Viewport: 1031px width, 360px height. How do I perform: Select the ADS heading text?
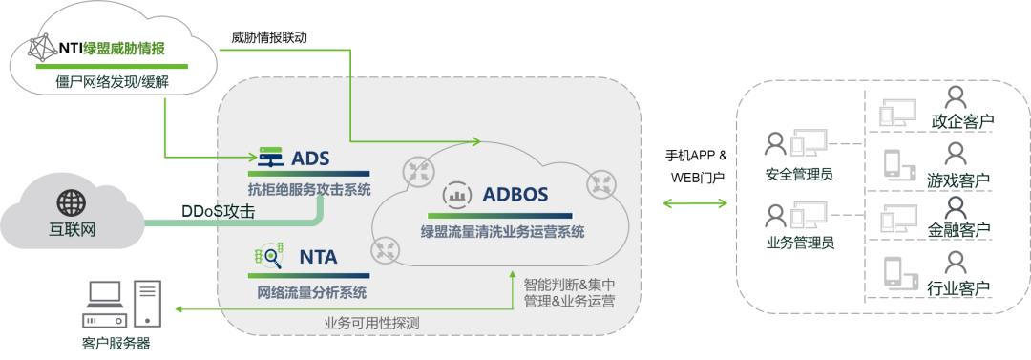pyautogui.click(x=310, y=158)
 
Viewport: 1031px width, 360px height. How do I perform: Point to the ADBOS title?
pyautogui.click(x=515, y=195)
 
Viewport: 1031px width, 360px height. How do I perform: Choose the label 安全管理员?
pyautogui.click(x=800, y=175)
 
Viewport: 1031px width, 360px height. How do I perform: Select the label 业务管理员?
pyautogui.click(x=800, y=243)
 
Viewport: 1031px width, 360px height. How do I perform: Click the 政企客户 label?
pyautogui.click(x=960, y=122)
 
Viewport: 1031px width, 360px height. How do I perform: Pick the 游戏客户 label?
pyautogui.click(x=958, y=180)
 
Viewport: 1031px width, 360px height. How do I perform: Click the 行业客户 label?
pyautogui.click(x=958, y=287)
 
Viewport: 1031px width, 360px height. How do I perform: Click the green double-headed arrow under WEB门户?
pyautogui.click(x=695, y=203)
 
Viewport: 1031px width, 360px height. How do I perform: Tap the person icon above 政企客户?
pyautogui.click(x=955, y=96)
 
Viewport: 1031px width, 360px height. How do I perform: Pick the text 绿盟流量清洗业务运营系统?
pyautogui.click(x=503, y=231)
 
